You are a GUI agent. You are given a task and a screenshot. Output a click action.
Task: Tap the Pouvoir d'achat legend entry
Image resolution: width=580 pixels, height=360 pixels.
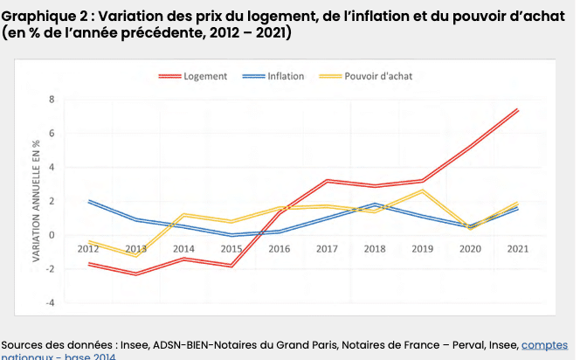point(377,76)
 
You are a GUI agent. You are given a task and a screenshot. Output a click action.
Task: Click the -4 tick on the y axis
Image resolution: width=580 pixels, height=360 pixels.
point(51,302)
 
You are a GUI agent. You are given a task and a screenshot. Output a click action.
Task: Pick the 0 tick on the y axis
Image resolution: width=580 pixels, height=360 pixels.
point(52,235)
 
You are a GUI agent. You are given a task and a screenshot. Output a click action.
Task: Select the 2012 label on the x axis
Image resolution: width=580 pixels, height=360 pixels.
point(88,248)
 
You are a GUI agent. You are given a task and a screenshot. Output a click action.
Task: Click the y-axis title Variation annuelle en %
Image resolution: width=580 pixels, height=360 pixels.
point(36,200)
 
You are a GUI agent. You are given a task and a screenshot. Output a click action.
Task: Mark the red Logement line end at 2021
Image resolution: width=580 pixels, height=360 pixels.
point(517,110)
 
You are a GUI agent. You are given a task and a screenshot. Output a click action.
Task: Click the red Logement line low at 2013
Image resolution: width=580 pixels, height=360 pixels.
point(135,273)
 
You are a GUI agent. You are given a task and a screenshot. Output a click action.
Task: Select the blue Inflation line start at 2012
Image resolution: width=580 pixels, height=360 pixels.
point(89,201)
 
